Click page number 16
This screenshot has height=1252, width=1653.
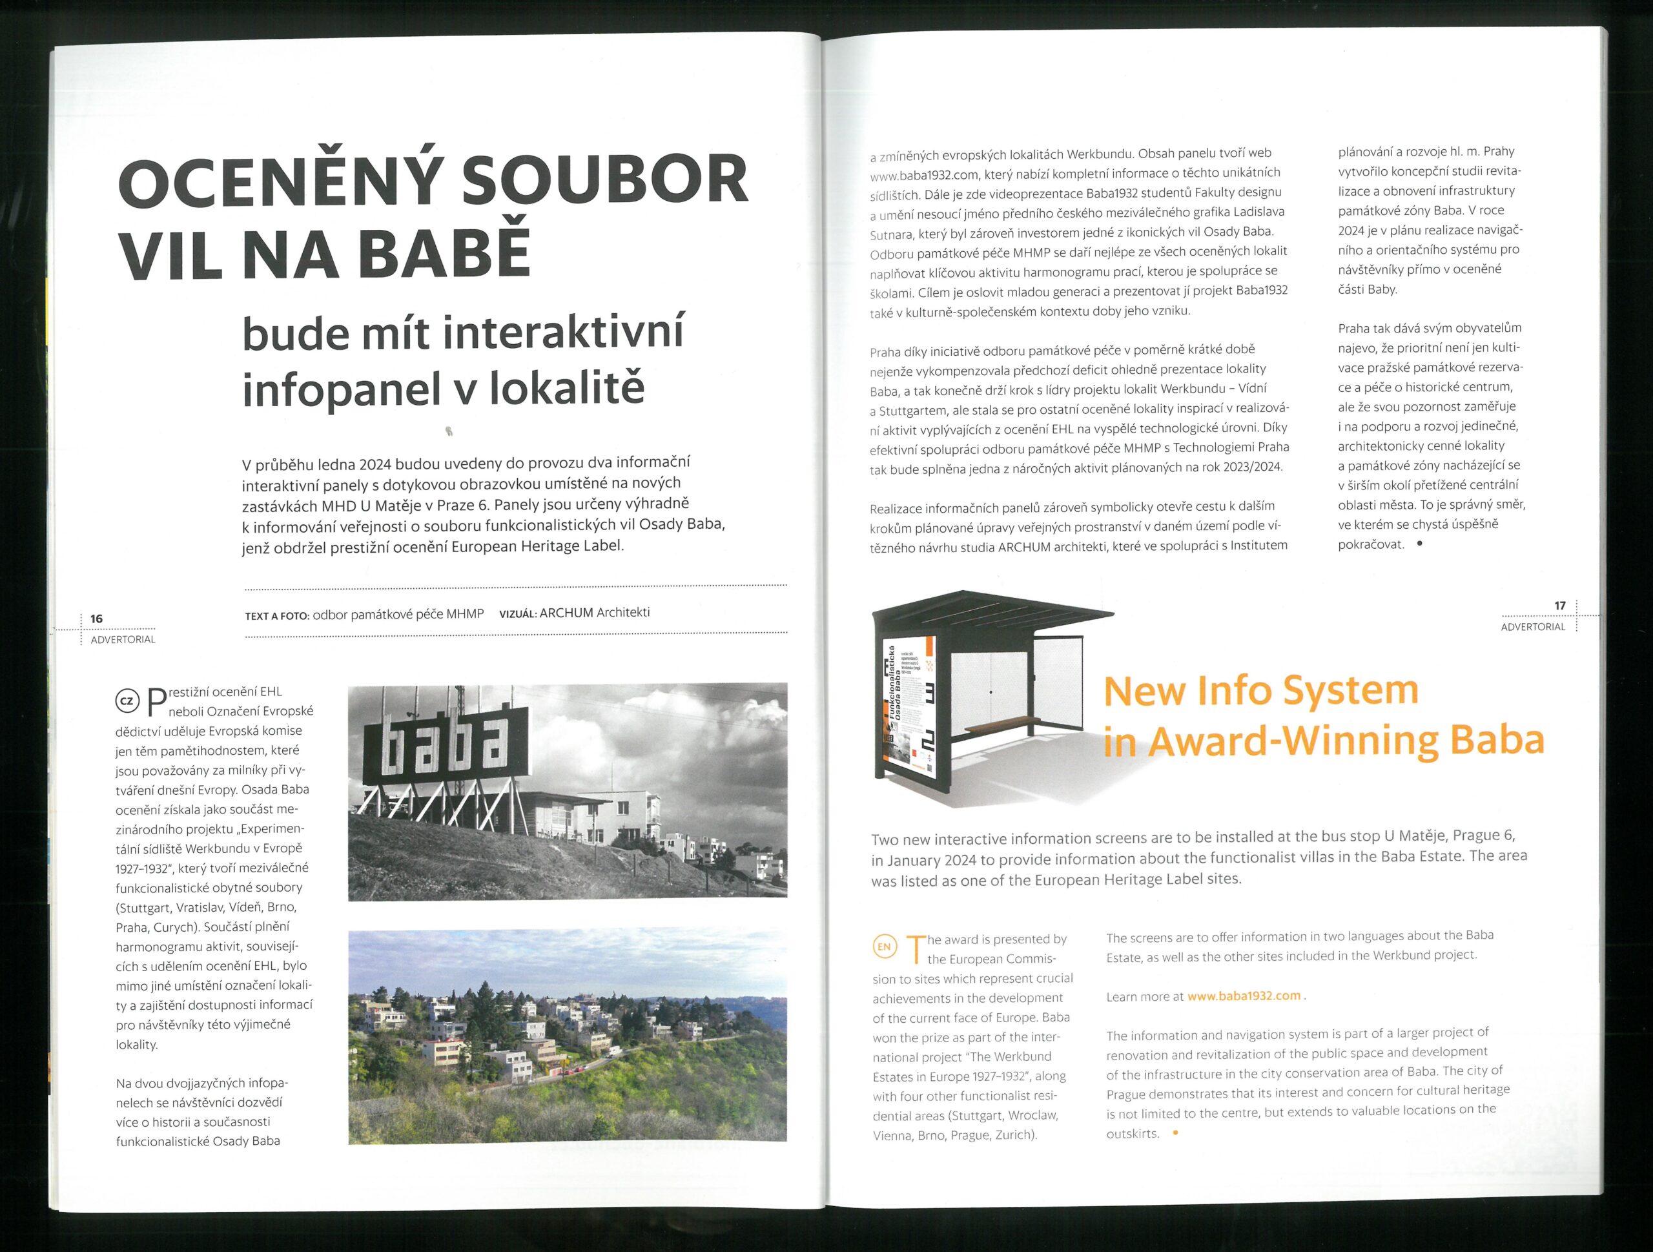96,619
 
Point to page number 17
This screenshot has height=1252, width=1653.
1559,606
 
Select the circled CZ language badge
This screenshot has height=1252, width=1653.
127,701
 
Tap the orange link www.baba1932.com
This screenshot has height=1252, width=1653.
1244,996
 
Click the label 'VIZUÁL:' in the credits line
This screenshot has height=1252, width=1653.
517,615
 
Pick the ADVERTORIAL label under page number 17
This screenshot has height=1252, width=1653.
1533,627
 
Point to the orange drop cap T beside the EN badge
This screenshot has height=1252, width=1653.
915,949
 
